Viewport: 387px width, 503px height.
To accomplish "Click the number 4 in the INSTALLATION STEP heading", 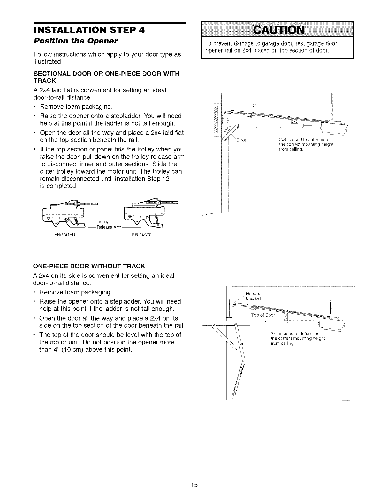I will tap(141, 30).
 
